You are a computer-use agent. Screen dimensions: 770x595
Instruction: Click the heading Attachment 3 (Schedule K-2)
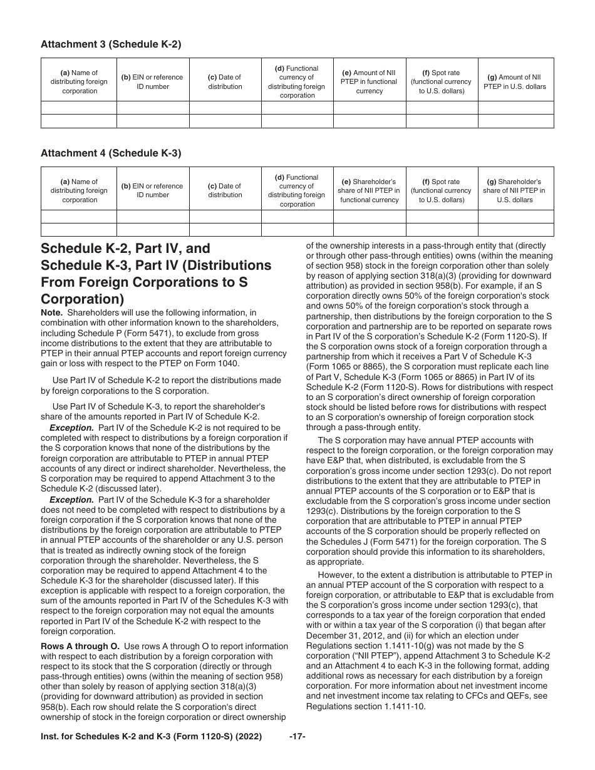tap(110, 44)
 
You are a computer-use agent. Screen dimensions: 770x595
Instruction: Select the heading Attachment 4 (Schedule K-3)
tap(110, 153)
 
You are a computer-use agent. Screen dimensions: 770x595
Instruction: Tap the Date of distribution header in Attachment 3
tap(225, 82)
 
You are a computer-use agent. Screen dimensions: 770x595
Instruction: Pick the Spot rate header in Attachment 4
tap(441, 190)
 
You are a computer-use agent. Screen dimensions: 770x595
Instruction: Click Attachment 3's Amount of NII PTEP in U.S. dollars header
tap(515, 82)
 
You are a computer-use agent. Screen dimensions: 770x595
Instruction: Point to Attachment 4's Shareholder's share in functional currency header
tap(369, 190)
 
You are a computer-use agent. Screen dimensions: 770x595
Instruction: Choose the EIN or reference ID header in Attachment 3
tap(152, 82)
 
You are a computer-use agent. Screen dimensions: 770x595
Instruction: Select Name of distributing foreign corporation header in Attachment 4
tap(80, 190)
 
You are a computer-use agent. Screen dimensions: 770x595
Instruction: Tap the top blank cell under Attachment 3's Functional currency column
tap(297, 108)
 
